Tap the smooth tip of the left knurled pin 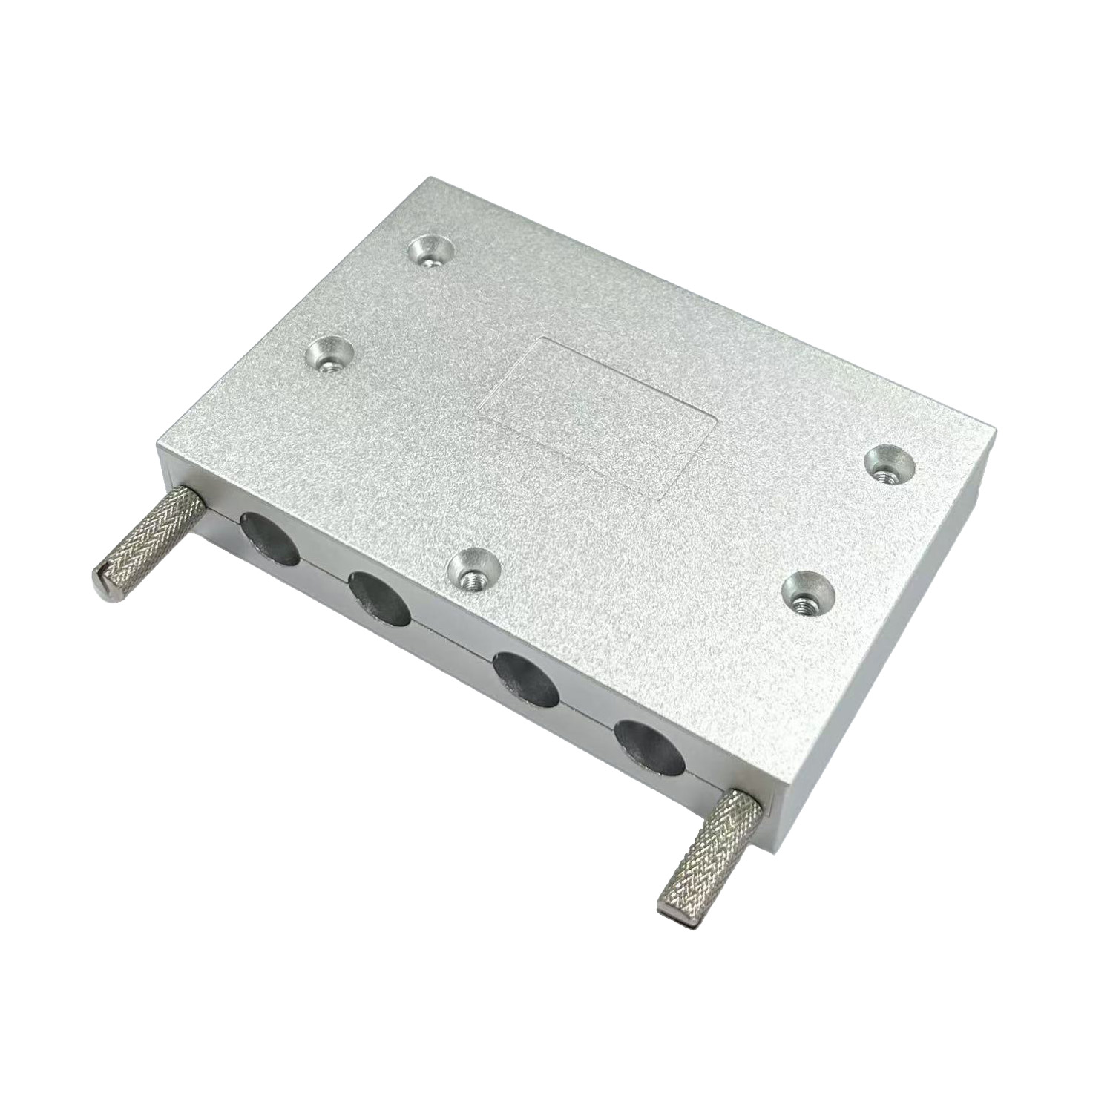106,574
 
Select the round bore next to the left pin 269,537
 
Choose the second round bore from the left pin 379,599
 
